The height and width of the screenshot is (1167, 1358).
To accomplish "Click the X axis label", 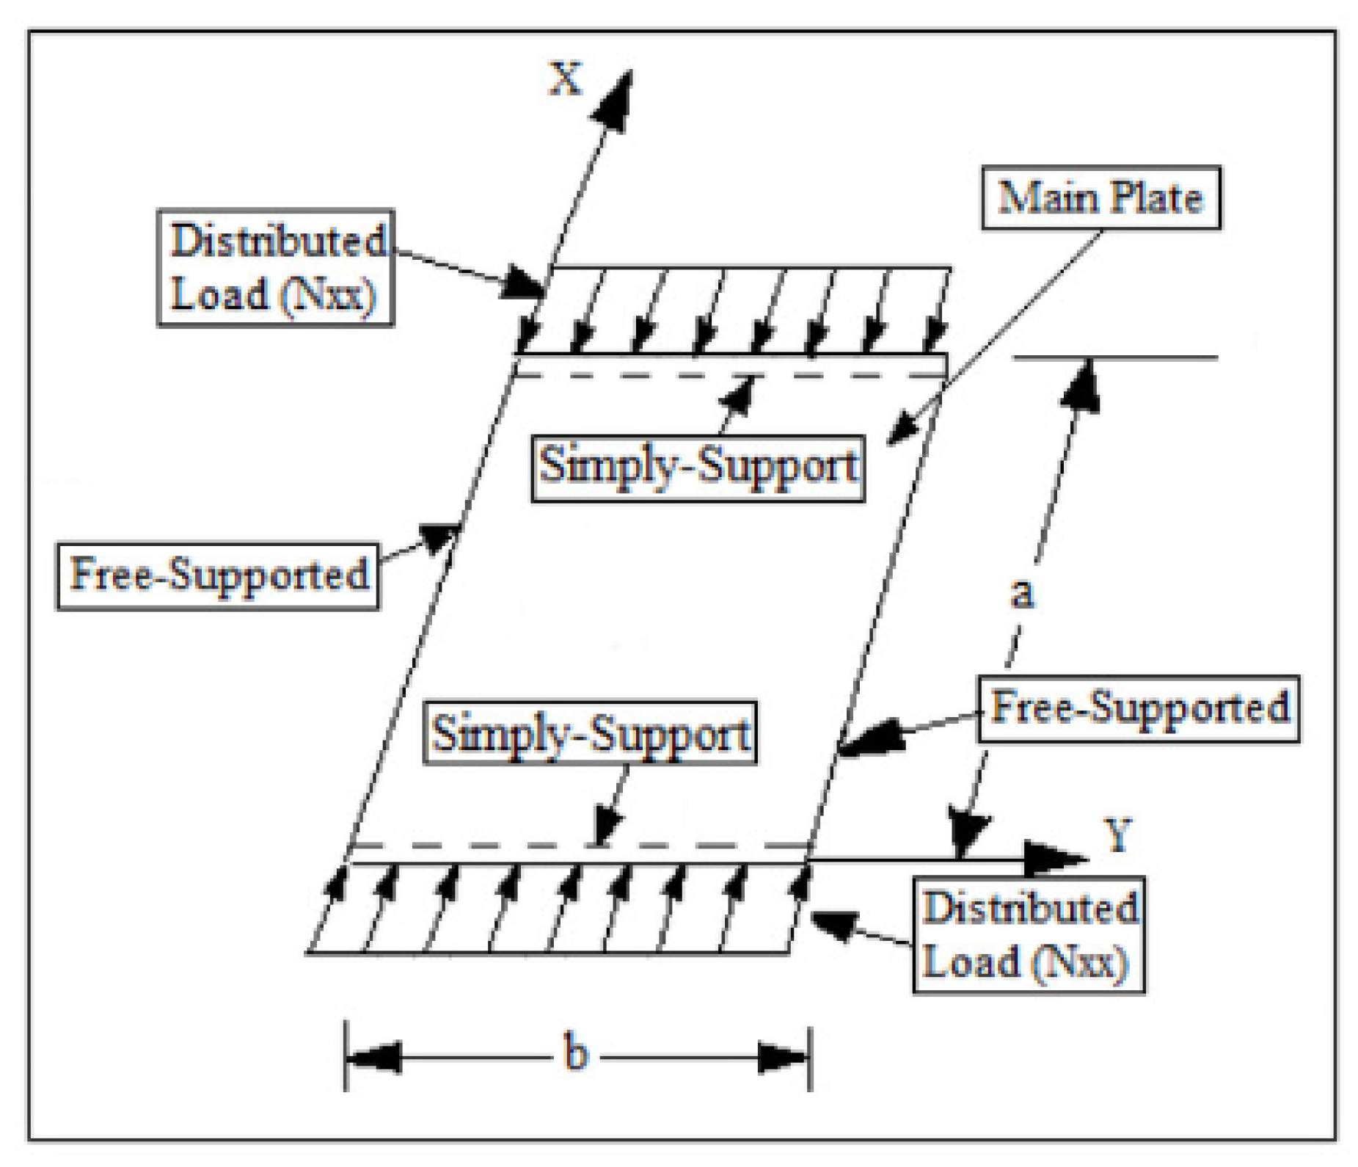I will [x=566, y=79].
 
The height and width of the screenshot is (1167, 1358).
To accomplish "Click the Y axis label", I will [x=1119, y=835].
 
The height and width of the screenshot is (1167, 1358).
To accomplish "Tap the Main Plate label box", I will [x=1100, y=198].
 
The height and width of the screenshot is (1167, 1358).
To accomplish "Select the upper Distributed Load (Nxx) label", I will [x=276, y=268].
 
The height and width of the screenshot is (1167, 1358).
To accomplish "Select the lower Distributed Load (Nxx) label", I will [x=1029, y=934].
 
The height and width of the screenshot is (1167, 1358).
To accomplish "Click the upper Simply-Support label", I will [x=698, y=467].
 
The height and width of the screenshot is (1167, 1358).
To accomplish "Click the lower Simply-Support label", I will [x=590, y=733].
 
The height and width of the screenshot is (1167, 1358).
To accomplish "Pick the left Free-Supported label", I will [x=218, y=575].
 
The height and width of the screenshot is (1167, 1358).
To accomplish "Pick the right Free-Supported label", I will [x=1138, y=708].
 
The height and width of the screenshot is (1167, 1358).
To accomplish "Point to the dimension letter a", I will [x=1022, y=593].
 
